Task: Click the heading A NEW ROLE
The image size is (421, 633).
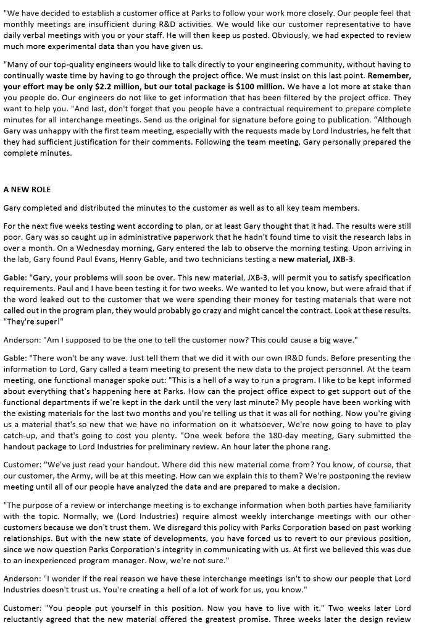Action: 27,189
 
